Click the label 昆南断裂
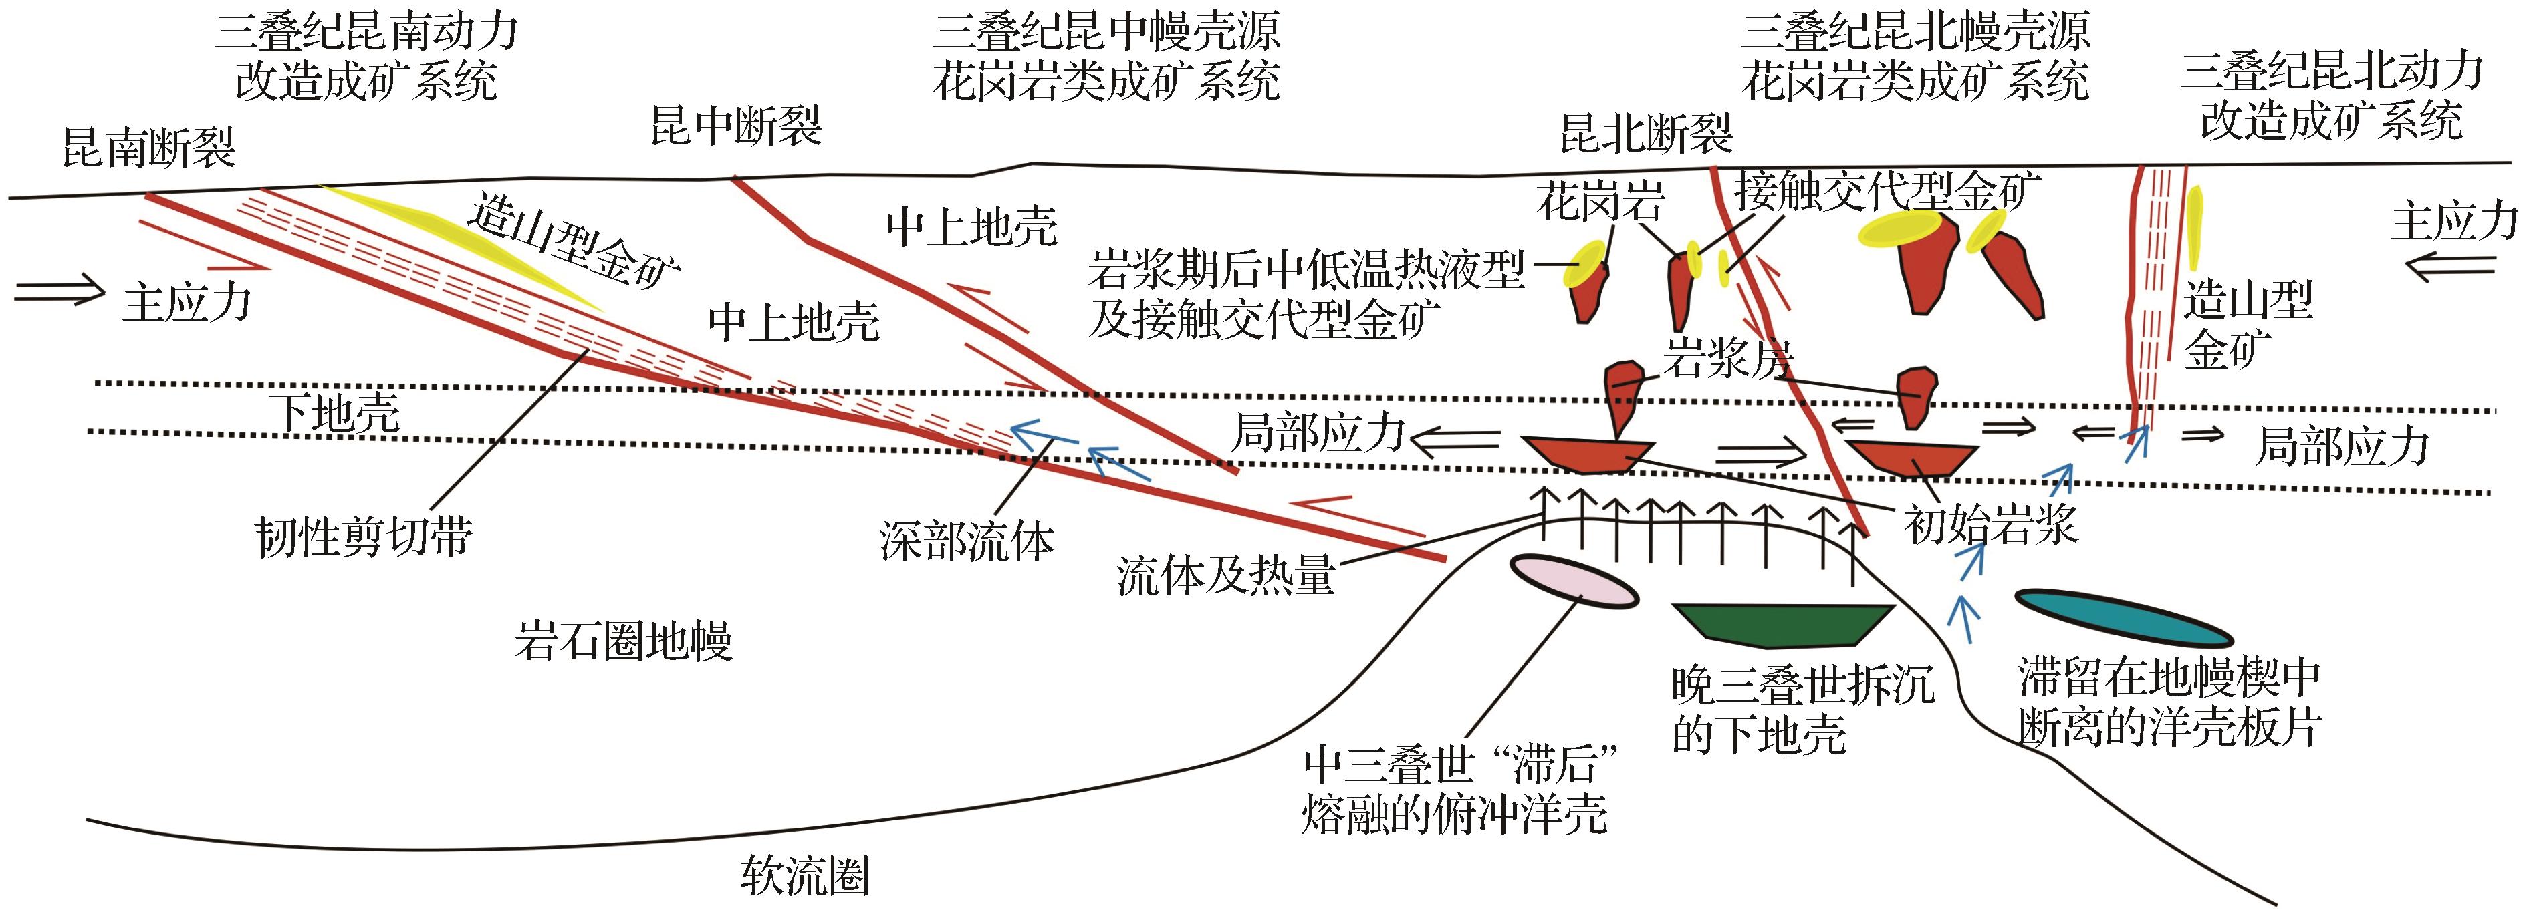[149, 149]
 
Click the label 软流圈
[804, 874]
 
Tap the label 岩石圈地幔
[624, 641]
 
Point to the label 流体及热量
[1225, 575]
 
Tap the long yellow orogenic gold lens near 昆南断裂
[461, 245]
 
